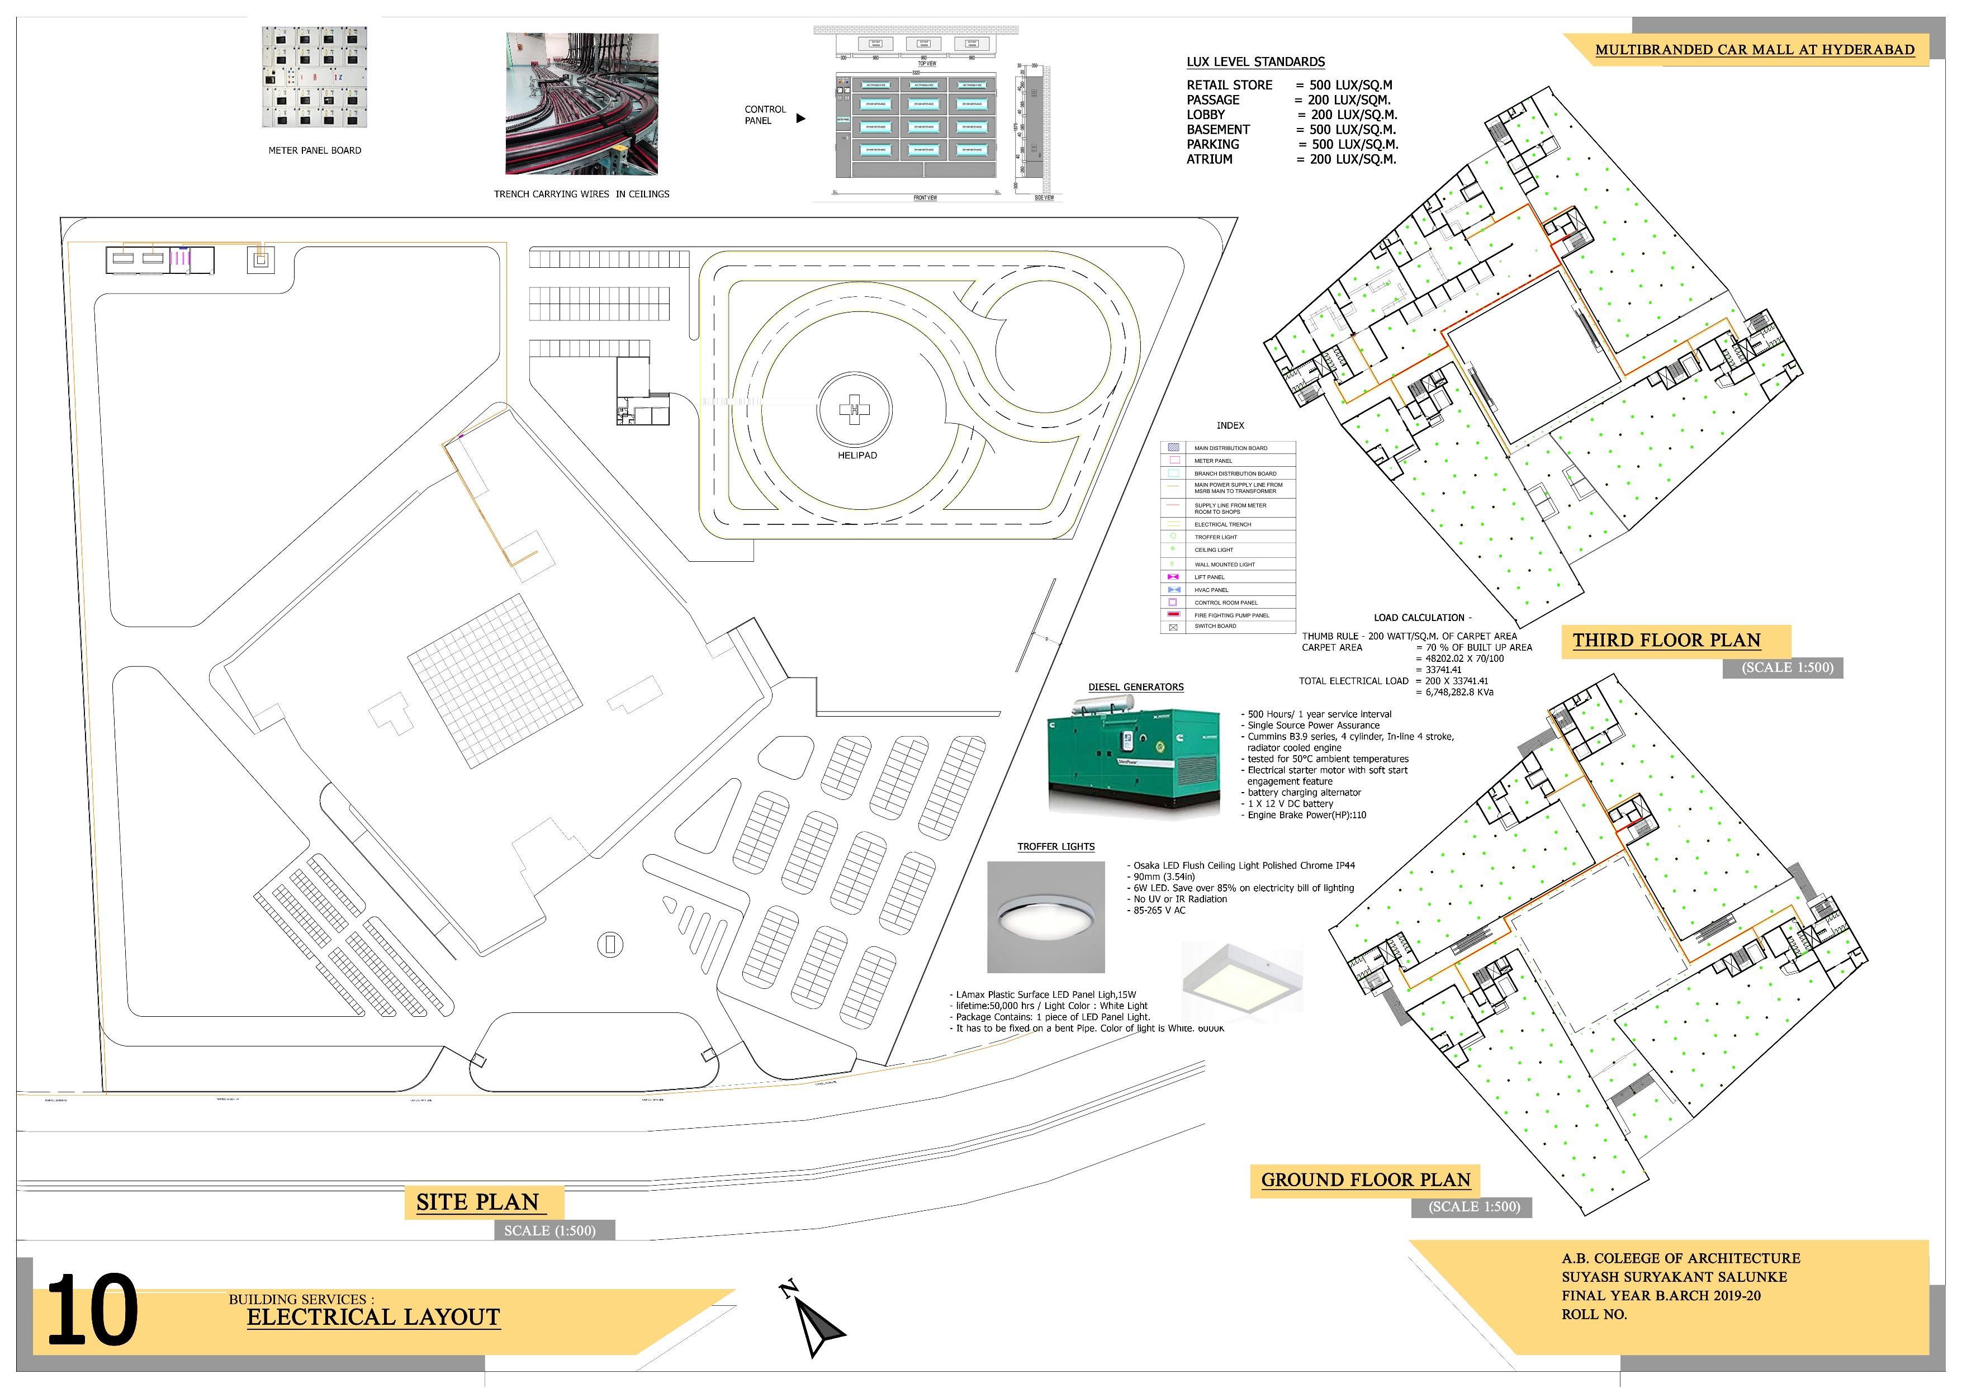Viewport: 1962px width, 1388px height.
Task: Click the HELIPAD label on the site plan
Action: coord(856,456)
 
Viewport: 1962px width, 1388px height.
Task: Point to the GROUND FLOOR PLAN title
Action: coord(1364,1179)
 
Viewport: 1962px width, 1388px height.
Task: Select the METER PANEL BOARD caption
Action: coord(315,150)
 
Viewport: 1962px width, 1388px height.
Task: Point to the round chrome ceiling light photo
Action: coord(1045,917)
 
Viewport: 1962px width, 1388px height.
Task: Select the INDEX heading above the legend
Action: coord(1230,425)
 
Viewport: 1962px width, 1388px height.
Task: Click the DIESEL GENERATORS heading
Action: coord(1136,687)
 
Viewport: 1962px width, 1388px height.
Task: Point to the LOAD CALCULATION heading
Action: coord(1422,617)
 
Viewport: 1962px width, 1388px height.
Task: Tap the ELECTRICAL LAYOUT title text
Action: coord(373,1317)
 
